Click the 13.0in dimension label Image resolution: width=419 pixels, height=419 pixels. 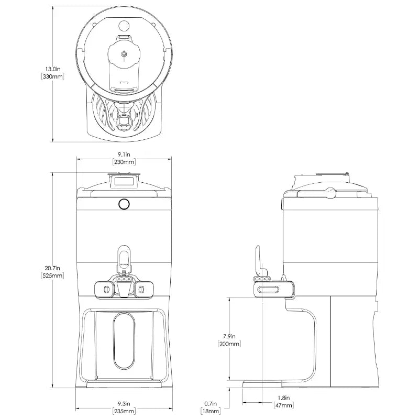click(53, 69)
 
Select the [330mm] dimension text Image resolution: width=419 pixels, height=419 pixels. click(53, 76)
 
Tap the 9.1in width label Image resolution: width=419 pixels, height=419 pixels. click(124, 155)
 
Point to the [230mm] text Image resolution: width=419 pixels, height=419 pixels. click(124, 162)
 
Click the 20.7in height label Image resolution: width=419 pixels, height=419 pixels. click(52, 268)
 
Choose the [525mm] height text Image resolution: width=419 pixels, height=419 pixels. click(52, 275)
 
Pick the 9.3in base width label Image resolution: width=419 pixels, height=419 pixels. click(124, 404)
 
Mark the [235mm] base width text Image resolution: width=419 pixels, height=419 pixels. click(124, 411)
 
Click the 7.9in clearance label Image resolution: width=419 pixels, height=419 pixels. click(229, 336)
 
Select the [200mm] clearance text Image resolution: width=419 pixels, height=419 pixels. click(229, 344)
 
